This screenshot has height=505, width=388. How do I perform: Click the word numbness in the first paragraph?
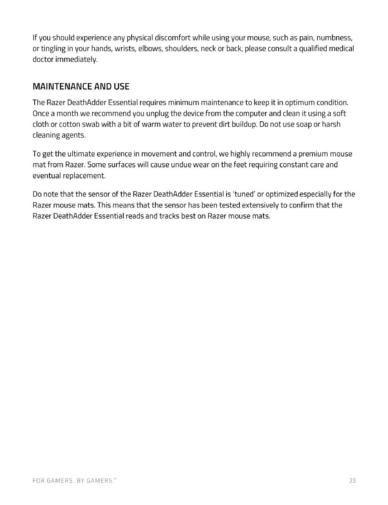pyautogui.click(x=334, y=38)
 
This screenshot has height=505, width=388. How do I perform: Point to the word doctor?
pyautogui.click(x=43, y=60)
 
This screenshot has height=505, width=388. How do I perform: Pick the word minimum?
pyautogui.click(x=183, y=102)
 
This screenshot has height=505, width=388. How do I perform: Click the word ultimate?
pyautogui.click(x=81, y=154)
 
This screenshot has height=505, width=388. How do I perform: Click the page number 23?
pyautogui.click(x=352, y=481)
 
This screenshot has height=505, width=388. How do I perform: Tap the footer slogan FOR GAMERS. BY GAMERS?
pyautogui.click(x=74, y=481)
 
